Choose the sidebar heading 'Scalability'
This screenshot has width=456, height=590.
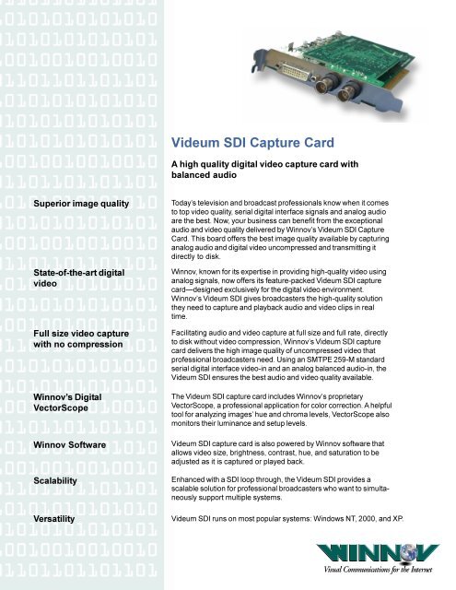coord(58,481)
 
